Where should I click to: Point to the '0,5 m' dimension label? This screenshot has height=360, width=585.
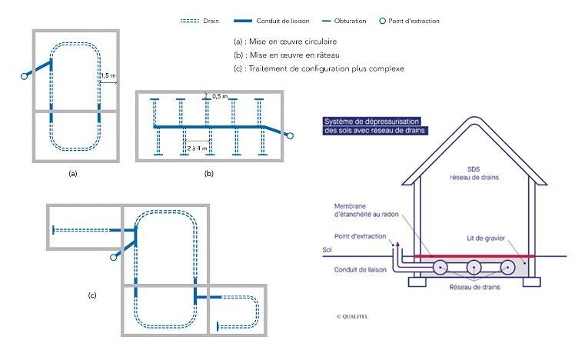point(220,95)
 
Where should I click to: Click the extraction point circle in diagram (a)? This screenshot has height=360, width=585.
point(25,75)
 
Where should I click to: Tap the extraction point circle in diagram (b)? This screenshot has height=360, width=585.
point(290,136)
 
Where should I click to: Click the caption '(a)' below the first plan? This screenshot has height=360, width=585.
point(73,174)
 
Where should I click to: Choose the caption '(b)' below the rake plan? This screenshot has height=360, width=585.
point(208,174)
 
